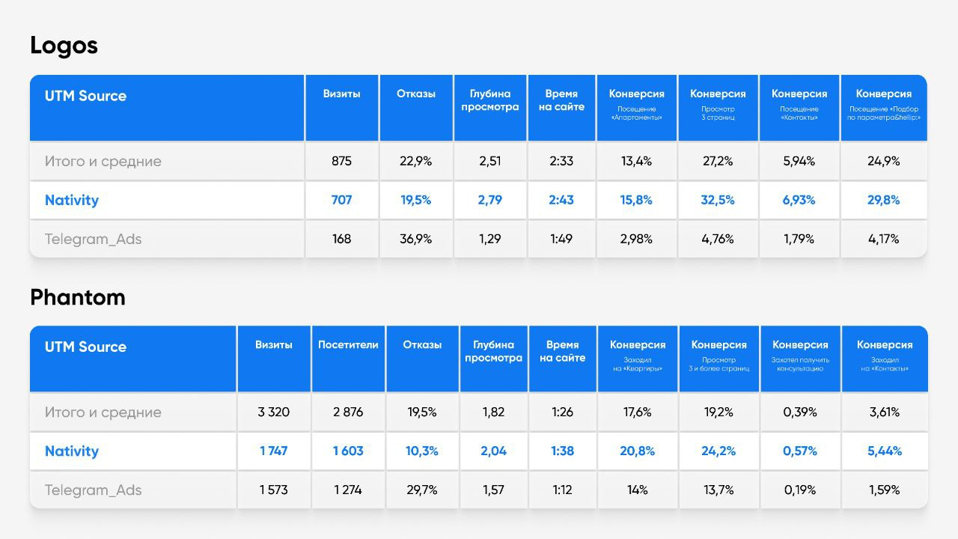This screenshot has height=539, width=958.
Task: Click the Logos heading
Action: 64,46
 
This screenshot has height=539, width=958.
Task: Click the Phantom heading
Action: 77,297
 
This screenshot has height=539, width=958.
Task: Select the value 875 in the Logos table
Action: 341,161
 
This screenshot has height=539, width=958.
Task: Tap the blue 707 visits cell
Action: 341,200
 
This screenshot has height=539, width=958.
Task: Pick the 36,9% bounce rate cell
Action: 415,239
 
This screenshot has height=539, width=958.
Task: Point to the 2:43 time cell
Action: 561,200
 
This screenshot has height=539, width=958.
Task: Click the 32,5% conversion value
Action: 718,200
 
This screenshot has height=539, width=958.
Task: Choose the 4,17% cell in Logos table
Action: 883,239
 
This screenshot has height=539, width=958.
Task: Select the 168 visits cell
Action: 341,239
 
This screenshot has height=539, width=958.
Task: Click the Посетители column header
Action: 348,345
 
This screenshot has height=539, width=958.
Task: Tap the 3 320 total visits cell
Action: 273,412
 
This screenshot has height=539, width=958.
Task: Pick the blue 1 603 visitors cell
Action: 348,451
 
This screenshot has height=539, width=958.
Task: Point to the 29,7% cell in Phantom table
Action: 422,490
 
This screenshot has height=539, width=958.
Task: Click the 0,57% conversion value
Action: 799,451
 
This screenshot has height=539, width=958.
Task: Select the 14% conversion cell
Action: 637,490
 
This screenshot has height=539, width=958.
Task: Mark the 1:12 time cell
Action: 562,490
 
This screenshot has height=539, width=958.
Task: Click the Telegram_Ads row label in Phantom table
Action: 93,490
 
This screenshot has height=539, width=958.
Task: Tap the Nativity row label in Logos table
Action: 71,200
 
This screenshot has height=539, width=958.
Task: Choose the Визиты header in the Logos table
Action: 341,94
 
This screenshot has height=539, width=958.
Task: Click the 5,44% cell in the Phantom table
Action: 884,451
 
